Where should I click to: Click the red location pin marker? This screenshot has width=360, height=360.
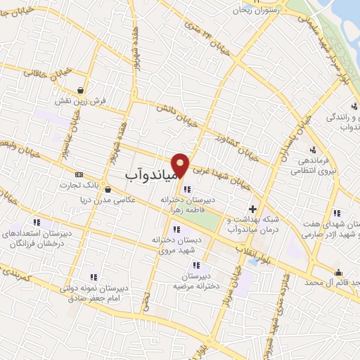point(181,165)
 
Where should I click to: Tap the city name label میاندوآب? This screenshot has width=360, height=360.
point(148,172)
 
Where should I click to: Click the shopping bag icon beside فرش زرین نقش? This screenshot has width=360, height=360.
point(82,90)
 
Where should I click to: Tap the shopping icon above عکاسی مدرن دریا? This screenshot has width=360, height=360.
point(107,188)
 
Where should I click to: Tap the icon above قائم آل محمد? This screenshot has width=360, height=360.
point(339,273)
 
